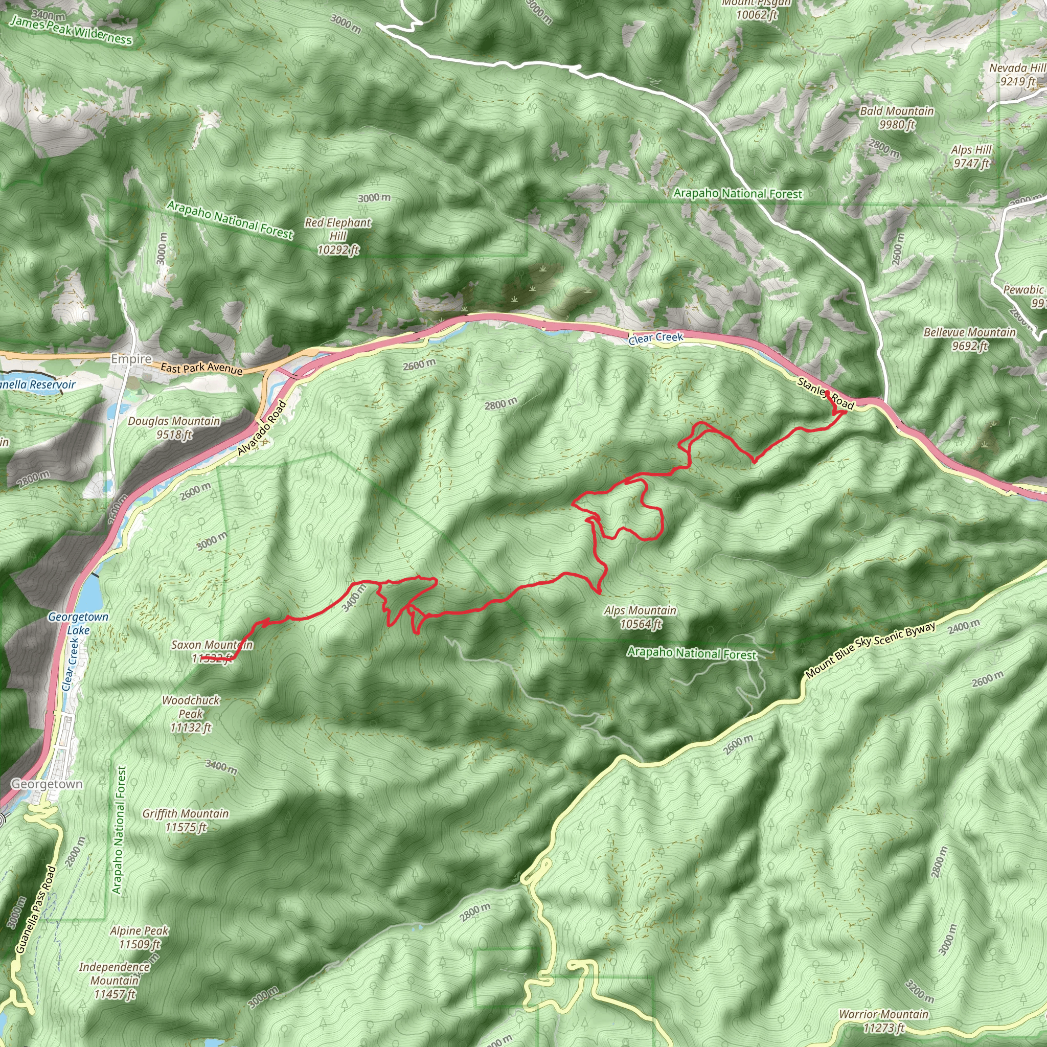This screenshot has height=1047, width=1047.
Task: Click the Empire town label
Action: pyautogui.click(x=131, y=359)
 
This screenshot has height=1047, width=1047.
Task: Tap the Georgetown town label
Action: pyautogui.click(x=47, y=784)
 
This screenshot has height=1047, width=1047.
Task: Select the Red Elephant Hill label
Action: pyautogui.click(x=337, y=236)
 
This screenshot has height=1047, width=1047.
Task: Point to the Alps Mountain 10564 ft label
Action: pyautogui.click(x=640, y=617)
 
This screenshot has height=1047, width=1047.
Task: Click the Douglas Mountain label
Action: pyautogui.click(x=174, y=427)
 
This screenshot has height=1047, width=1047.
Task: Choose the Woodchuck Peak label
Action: pyautogui.click(x=191, y=714)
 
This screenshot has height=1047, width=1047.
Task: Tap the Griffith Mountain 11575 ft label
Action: pyautogui.click(x=186, y=820)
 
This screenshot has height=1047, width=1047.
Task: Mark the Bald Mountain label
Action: pyautogui.click(x=897, y=118)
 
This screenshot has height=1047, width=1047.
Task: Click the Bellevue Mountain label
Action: pyautogui.click(x=969, y=339)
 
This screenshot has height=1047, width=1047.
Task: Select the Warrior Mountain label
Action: pyautogui.click(x=883, y=1020)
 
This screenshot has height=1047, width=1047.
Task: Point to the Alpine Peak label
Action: pyautogui.click(x=139, y=938)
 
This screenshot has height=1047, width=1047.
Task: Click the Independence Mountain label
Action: pyautogui.click(x=115, y=981)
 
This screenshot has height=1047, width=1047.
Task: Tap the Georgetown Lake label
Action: pyautogui.click(x=78, y=623)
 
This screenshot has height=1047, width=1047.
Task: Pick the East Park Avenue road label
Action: pyautogui.click(x=201, y=369)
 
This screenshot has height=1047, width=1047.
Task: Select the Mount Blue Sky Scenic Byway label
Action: pyautogui.click(x=870, y=650)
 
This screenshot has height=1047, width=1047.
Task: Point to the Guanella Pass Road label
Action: pyautogui.click(x=36, y=910)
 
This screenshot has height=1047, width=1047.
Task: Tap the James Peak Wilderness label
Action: pyautogui.click(x=71, y=30)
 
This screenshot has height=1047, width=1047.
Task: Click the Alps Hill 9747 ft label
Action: pyautogui.click(x=971, y=156)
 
